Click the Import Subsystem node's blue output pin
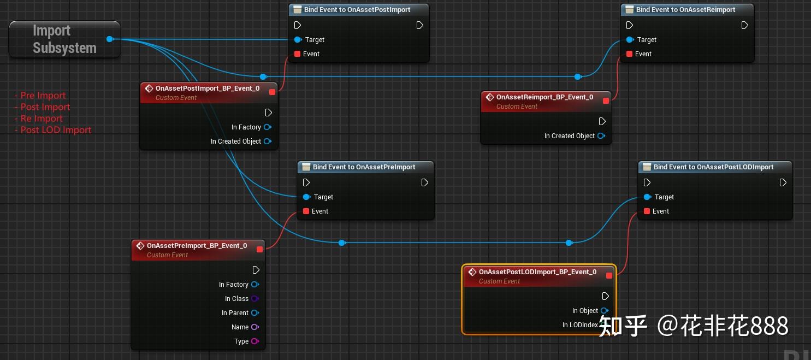(x=110, y=39)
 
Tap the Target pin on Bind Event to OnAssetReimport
(x=630, y=39)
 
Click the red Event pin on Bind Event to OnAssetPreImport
(x=306, y=211)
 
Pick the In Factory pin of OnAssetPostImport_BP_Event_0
(x=267, y=127)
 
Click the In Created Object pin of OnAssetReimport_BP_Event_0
(x=601, y=136)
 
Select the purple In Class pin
(x=254, y=299)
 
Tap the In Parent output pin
(x=254, y=313)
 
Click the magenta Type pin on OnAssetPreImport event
(x=254, y=341)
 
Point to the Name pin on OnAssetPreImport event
(x=254, y=327)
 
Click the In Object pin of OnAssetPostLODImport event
(x=604, y=311)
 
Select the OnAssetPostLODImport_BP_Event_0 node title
(x=537, y=272)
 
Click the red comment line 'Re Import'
(x=42, y=119)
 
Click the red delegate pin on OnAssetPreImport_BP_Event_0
(x=259, y=249)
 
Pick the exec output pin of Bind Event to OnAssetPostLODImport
(x=783, y=182)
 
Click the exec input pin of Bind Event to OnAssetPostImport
(x=298, y=25)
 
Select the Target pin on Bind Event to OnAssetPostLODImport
(x=647, y=197)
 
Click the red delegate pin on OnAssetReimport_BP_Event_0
(x=606, y=101)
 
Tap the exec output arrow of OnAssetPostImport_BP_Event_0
(x=268, y=113)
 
